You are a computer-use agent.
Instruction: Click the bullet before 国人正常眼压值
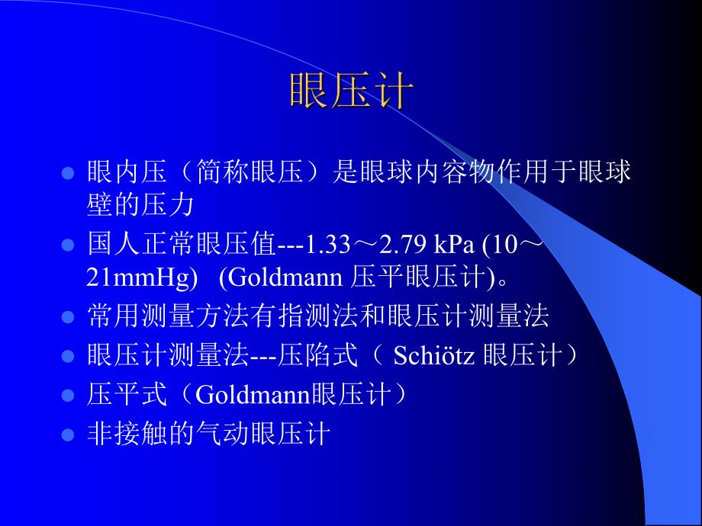68,246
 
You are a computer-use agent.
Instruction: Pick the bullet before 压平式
68,396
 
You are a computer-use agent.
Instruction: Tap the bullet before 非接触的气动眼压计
68,435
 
